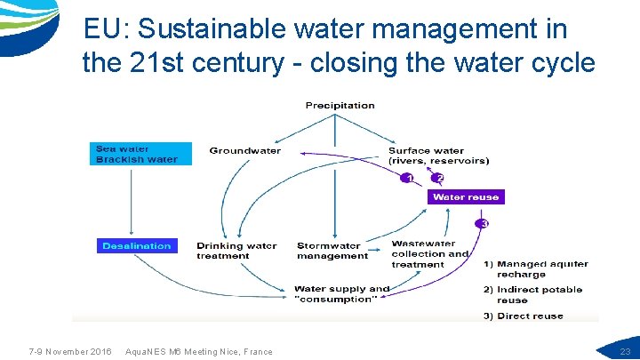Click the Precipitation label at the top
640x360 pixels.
pyautogui.click(x=340, y=106)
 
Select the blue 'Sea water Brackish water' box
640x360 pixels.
pyautogui.click(x=137, y=154)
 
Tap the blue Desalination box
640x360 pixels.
pyautogui.click(x=136, y=245)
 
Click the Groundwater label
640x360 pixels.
pyautogui.click(x=244, y=151)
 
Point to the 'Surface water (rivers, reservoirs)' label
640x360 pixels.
pyautogui.click(x=438, y=156)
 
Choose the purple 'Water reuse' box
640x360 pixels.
pyautogui.click(x=466, y=196)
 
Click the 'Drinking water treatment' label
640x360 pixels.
pyautogui.click(x=236, y=251)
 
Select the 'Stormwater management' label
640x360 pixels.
pyautogui.click(x=332, y=251)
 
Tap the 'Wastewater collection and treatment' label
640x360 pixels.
pyautogui.click(x=429, y=253)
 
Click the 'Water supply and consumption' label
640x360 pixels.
pyautogui.click(x=341, y=293)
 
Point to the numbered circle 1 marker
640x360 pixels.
pyautogui.click(x=408, y=178)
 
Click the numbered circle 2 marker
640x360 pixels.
pyautogui.click(x=438, y=178)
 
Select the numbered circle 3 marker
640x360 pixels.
pyautogui.click(x=483, y=223)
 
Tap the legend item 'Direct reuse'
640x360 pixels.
pyautogui.click(x=524, y=316)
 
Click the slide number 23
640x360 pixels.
pyautogui.click(x=625, y=352)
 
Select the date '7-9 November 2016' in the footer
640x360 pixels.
pyautogui.click(x=70, y=352)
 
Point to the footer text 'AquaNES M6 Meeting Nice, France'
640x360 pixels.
pyautogui.click(x=200, y=352)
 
